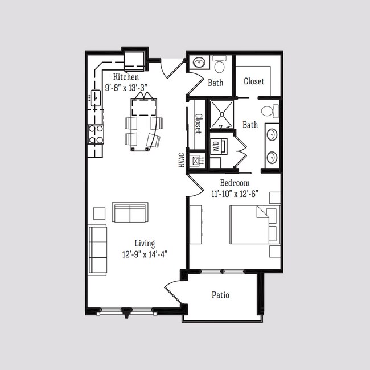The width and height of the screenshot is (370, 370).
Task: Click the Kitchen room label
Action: tap(126, 77)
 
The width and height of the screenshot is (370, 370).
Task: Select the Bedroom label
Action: tap(235, 183)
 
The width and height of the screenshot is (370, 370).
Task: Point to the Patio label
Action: tap(221, 295)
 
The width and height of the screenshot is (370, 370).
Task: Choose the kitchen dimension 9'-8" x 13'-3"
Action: tap(127, 88)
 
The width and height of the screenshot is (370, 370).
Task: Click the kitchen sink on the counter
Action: tap(95, 98)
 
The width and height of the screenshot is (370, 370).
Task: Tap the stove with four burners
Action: tap(96, 134)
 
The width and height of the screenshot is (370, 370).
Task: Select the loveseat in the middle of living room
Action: tap(130, 212)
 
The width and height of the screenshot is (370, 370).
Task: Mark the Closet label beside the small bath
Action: tap(254, 81)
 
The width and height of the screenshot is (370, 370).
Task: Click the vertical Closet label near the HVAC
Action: tap(198, 123)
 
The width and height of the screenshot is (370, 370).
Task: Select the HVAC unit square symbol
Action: tap(198, 161)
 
